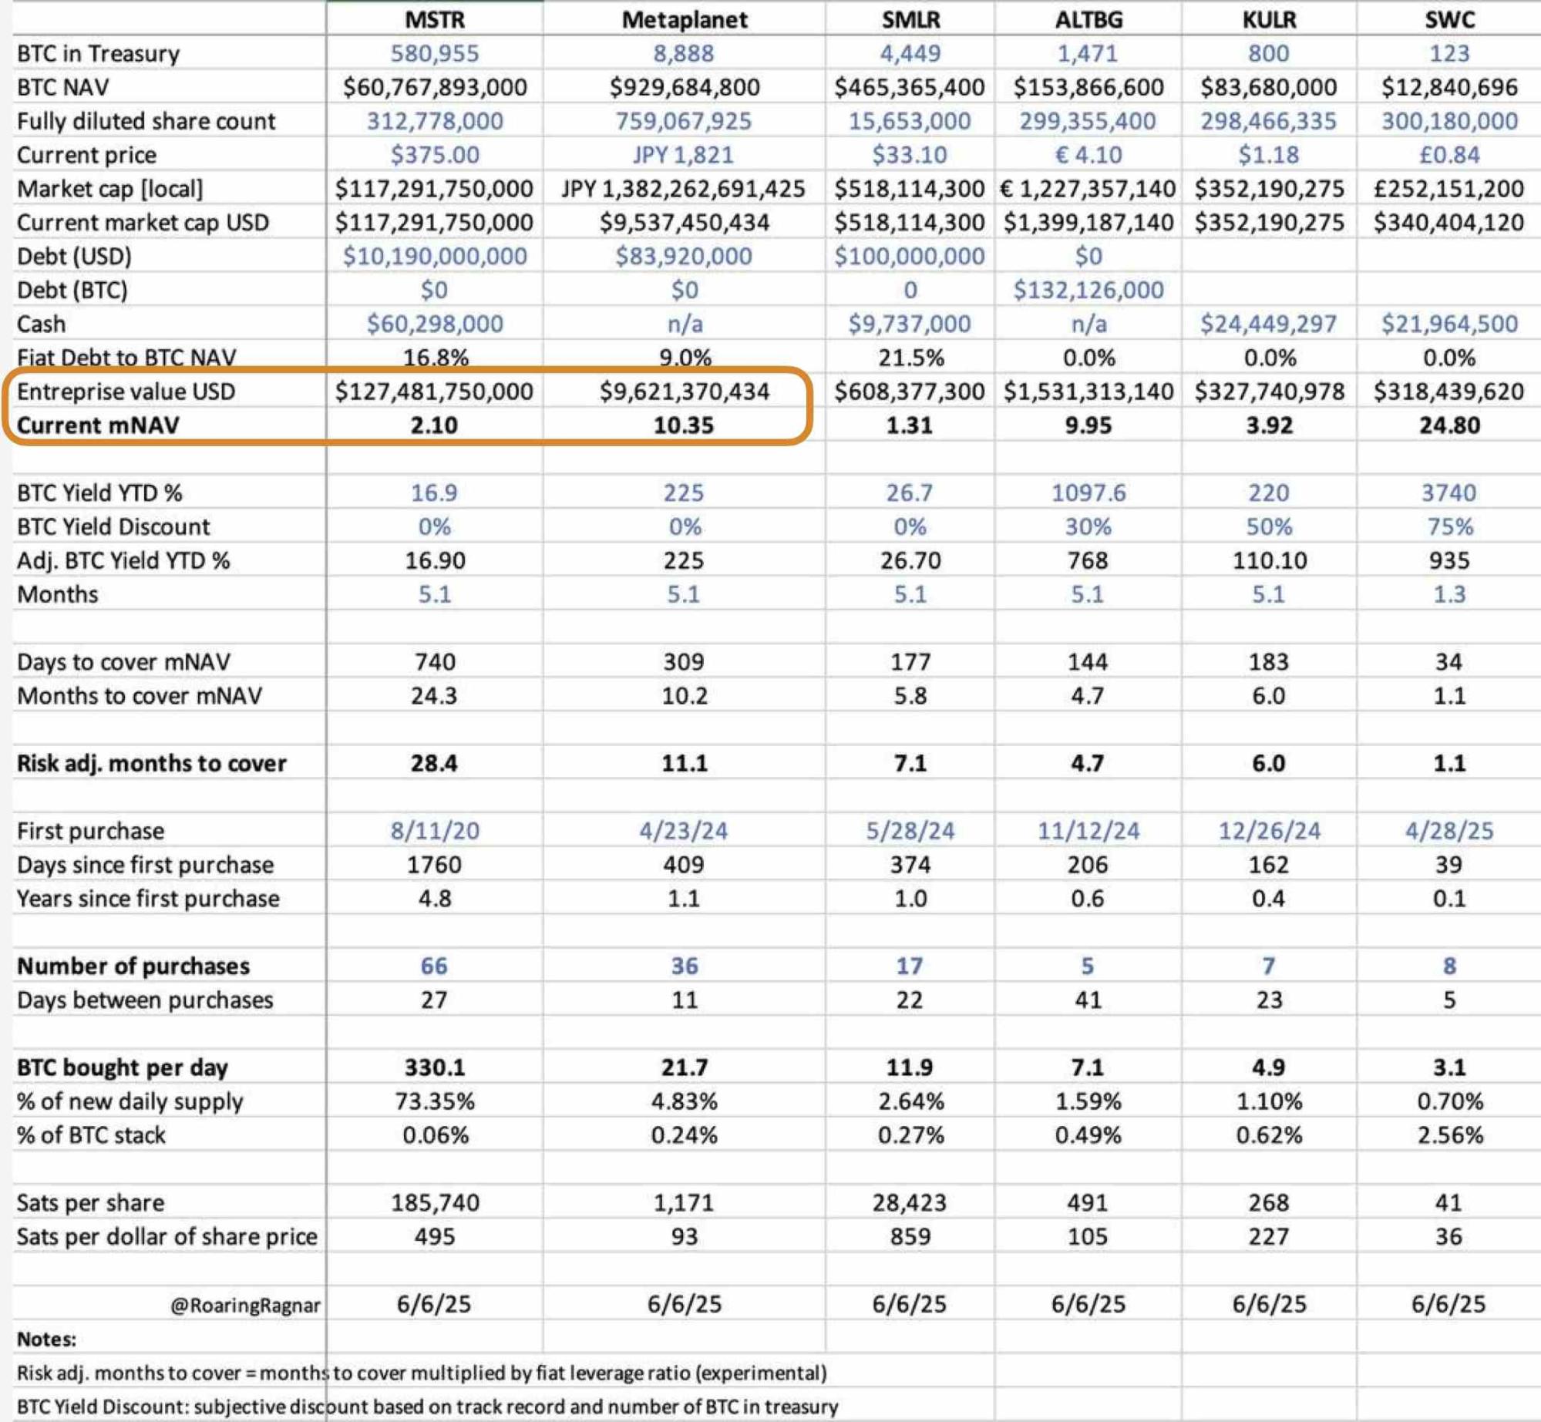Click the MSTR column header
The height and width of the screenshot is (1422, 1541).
(x=435, y=19)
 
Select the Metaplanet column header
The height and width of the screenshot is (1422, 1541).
(x=684, y=19)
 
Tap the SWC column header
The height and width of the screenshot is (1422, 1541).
(x=1448, y=19)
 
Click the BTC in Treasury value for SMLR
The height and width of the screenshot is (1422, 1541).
(x=910, y=53)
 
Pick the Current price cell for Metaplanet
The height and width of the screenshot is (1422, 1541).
(x=683, y=155)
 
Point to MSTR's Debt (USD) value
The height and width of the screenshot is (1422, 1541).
(x=435, y=256)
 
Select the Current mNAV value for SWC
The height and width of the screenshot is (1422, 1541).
(x=1448, y=425)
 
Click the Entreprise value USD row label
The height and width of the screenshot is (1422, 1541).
(x=126, y=392)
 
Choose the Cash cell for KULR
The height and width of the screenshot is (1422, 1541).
(x=1268, y=324)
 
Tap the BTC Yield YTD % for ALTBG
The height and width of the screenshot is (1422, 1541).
(x=1088, y=492)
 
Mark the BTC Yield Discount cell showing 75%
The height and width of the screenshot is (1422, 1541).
(x=1449, y=526)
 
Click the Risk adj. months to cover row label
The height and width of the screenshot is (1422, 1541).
(x=151, y=763)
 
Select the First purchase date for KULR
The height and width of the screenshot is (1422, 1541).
(x=1268, y=831)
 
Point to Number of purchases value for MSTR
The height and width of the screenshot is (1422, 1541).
(x=434, y=966)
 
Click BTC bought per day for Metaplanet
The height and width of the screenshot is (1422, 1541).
(x=684, y=1067)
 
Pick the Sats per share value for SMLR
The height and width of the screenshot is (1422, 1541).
(x=910, y=1202)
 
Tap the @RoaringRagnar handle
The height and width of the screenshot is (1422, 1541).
(x=245, y=1305)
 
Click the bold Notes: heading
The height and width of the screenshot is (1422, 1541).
(x=46, y=1339)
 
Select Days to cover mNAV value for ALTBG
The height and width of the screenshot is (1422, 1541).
(x=1088, y=662)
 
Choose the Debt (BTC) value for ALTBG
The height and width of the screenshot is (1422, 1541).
(x=1088, y=290)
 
